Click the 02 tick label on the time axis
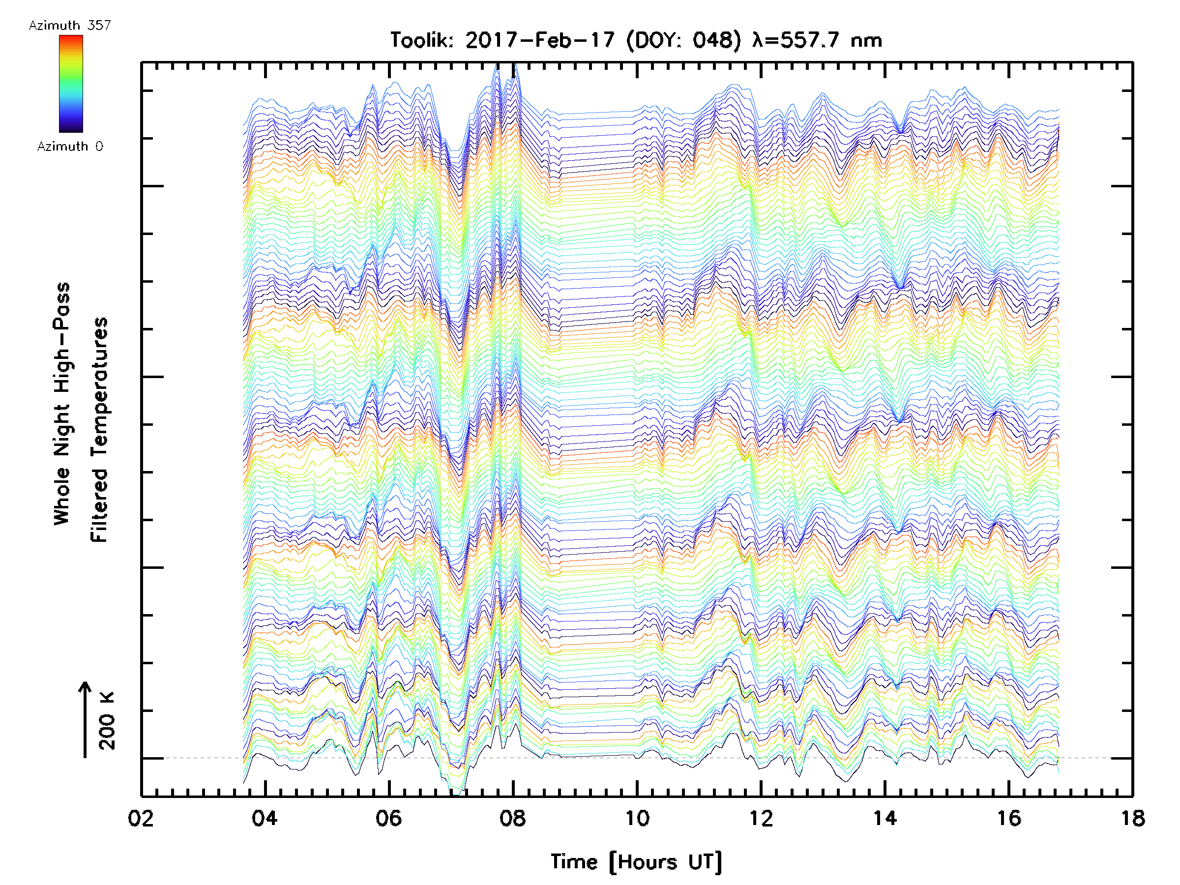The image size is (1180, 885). (141, 818)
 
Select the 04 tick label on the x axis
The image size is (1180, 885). (265, 818)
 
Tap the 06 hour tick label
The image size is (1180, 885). (388, 818)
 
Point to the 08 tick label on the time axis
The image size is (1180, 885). (513, 818)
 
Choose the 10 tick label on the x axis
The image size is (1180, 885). (637, 818)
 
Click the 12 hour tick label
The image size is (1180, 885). (761, 818)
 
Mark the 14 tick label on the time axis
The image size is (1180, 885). (885, 818)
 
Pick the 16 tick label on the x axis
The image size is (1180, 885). (1009, 818)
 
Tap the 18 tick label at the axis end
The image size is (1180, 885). (1132, 818)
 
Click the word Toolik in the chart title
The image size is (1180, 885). (421, 40)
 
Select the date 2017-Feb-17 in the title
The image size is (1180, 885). (540, 40)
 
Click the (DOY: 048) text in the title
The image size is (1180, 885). (684, 40)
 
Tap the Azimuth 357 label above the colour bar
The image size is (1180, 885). (70, 26)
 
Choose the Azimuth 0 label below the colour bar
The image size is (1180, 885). (70, 147)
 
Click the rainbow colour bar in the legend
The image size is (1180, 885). (71, 84)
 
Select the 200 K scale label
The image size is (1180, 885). (107, 721)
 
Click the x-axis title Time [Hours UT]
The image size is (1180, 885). (636, 862)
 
